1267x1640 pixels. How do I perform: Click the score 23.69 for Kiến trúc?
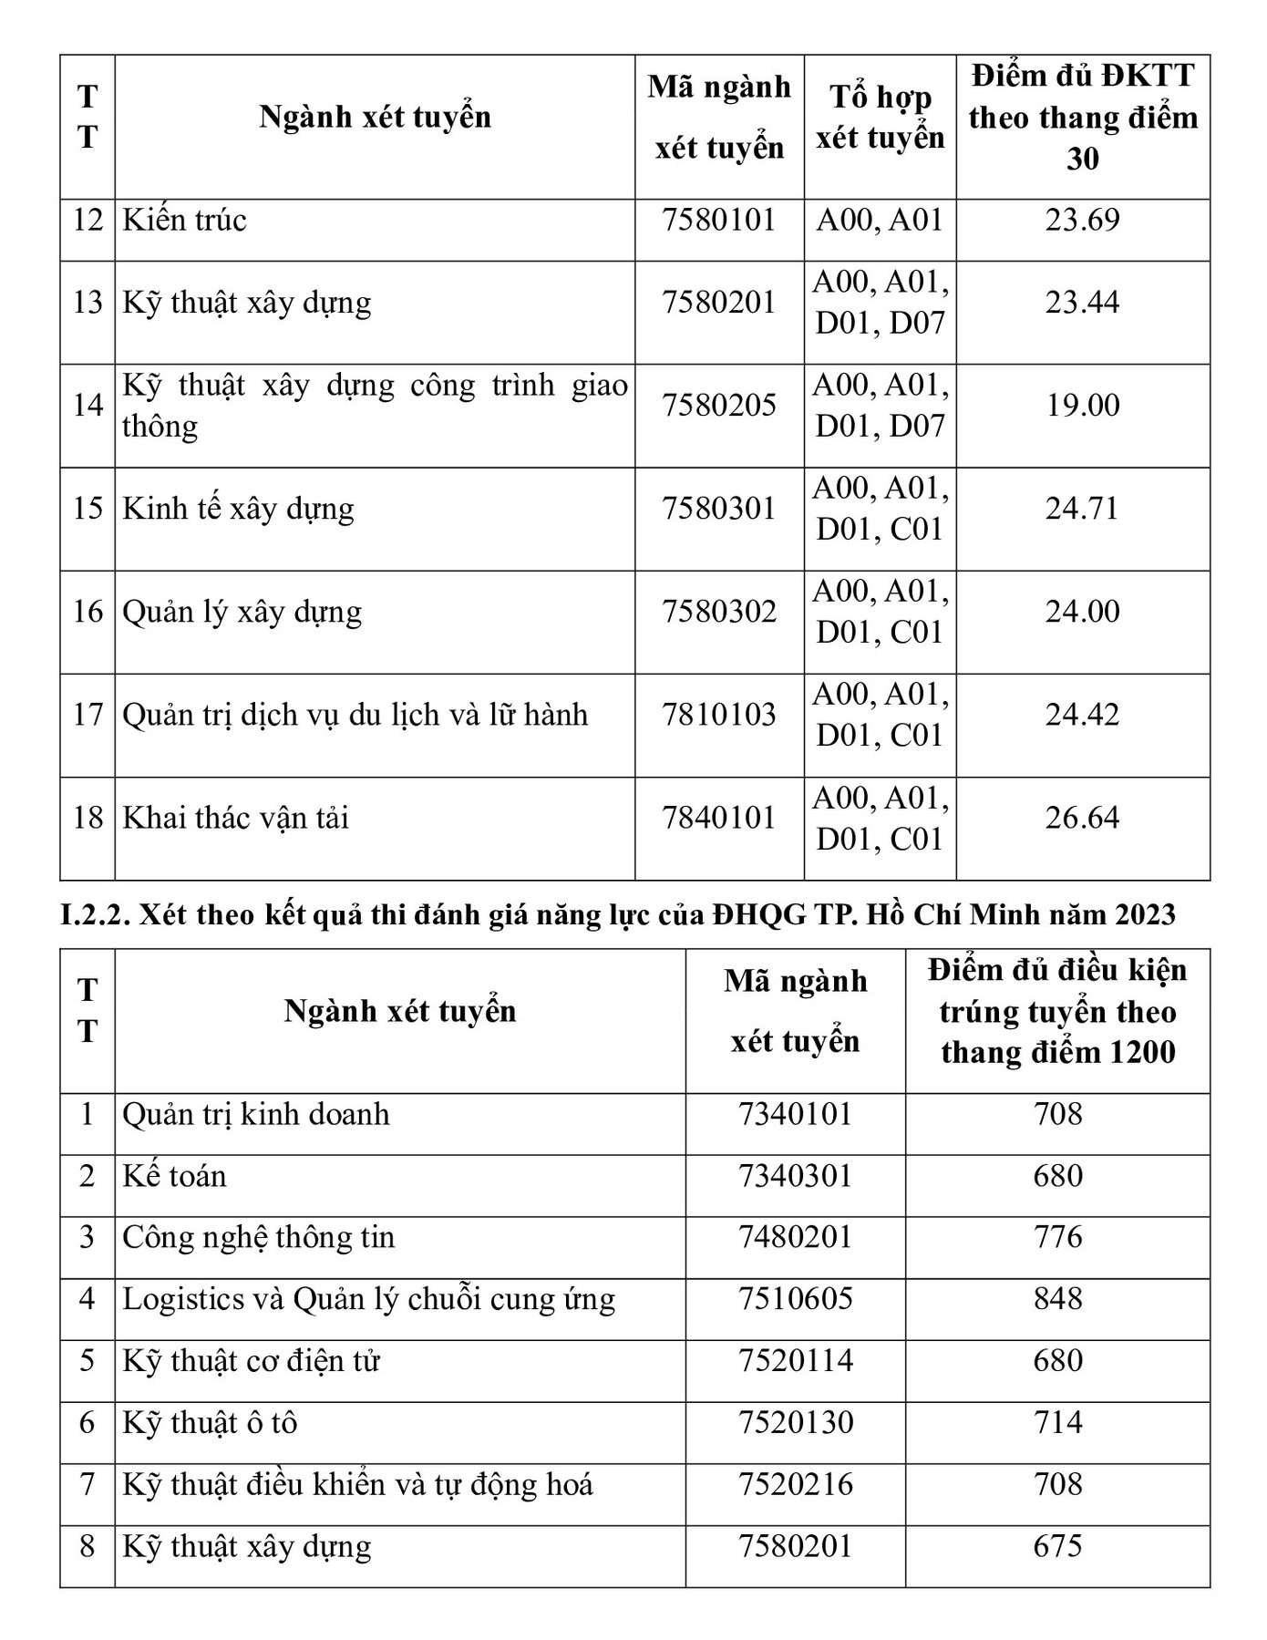click(x=1082, y=221)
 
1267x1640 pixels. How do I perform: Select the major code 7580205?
click(x=719, y=405)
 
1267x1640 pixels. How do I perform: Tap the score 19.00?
click(x=1082, y=405)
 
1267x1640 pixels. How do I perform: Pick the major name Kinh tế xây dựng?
click(x=239, y=509)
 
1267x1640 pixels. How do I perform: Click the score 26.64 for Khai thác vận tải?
click(x=1082, y=818)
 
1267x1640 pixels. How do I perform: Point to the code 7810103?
click(x=719, y=715)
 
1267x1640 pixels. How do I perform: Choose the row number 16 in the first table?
click(x=88, y=612)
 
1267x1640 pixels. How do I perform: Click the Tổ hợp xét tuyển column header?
click(x=880, y=118)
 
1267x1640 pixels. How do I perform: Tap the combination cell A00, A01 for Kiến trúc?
click(x=880, y=221)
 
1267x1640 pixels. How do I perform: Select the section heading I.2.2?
click(x=618, y=914)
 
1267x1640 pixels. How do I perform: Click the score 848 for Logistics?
click(x=1057, y=1299)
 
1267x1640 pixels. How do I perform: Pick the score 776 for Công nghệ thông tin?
click(x=1057, y=1237)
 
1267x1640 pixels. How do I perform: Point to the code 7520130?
click(x=796, y=1423)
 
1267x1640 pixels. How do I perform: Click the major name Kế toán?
click(x=175, y=1176)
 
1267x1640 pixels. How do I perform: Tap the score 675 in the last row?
click(x=1057, y=1547)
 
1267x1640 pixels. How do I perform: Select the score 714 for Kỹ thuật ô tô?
click(x=1057, y=1423)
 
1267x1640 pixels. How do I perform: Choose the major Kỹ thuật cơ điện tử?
click(x=252, y=1361)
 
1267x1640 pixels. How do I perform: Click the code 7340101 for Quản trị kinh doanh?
click(x=796, y=1114)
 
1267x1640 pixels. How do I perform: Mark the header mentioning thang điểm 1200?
click(x=1057, y=1012)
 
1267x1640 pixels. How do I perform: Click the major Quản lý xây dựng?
click(x=242, y=612)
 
